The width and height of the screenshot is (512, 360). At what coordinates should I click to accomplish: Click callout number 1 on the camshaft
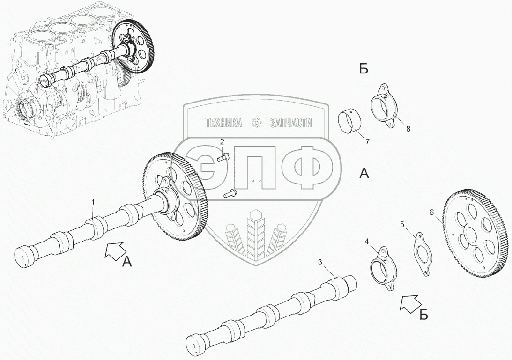[93, 202]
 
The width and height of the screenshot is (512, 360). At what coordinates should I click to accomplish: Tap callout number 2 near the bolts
[222, 141]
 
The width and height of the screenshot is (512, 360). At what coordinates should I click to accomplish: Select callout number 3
[320, 263]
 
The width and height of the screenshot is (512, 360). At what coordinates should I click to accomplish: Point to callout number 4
[367, 242]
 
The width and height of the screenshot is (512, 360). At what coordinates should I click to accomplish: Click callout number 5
[402, 224]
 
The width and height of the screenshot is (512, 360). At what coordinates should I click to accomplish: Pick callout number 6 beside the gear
[431, 212]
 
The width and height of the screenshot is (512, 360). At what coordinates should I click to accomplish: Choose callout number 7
[367, 141]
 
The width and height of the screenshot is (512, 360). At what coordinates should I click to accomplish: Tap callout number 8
[408, 129]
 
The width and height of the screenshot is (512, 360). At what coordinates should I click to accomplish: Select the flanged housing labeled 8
[384, 106]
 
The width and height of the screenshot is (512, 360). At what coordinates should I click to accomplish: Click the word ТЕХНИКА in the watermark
[224, 123]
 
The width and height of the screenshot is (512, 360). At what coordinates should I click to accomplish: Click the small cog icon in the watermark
[257, 123]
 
